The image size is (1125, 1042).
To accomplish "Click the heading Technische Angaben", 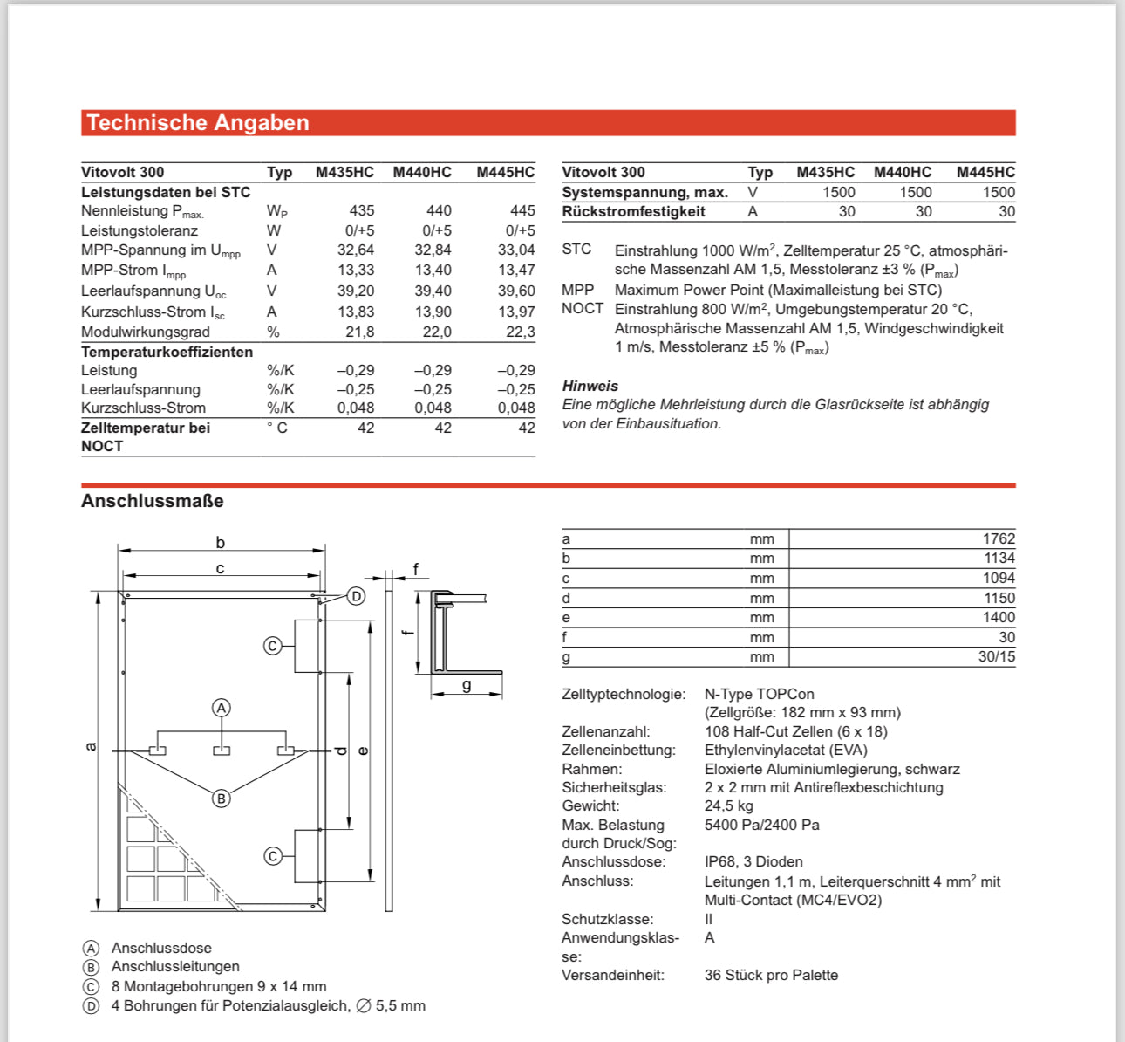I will point(198,123).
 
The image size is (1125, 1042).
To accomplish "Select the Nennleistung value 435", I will point(361,210).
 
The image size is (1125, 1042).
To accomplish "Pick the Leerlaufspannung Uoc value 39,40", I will point(433,291).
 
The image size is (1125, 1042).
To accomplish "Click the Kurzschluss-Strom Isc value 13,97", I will point(516,312).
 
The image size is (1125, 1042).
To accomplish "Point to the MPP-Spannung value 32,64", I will point(356,250).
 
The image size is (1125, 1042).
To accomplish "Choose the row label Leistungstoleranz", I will point(140,230).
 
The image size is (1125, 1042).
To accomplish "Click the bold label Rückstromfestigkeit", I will point(633,211).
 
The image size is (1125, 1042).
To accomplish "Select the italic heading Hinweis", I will point(590,386).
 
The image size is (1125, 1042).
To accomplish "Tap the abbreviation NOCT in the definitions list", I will point(583,309).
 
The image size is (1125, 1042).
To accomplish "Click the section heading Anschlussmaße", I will point(153,501).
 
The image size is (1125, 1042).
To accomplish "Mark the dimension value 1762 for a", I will point(999,538).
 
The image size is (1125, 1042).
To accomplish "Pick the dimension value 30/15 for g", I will point(996,656).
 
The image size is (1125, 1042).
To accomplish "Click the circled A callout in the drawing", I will point(222,708).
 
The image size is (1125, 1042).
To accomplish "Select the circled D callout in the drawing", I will point(356,596).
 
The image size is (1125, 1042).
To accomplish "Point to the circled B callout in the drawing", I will point(222,798).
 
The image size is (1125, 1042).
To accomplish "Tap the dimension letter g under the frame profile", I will point(467,685).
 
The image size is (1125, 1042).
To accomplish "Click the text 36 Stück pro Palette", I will point(771,975).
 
